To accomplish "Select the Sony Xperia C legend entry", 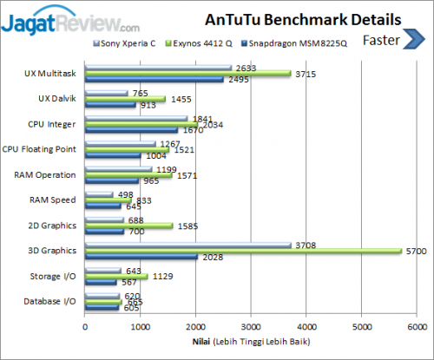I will [127, 41].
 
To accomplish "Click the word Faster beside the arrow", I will [381, 39].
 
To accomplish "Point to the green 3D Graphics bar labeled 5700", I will [243, 252].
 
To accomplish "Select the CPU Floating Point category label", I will [40, 150].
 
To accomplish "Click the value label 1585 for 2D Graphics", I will [187, 226].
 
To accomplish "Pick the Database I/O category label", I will [50, 301].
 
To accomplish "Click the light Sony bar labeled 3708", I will [187, 245].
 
